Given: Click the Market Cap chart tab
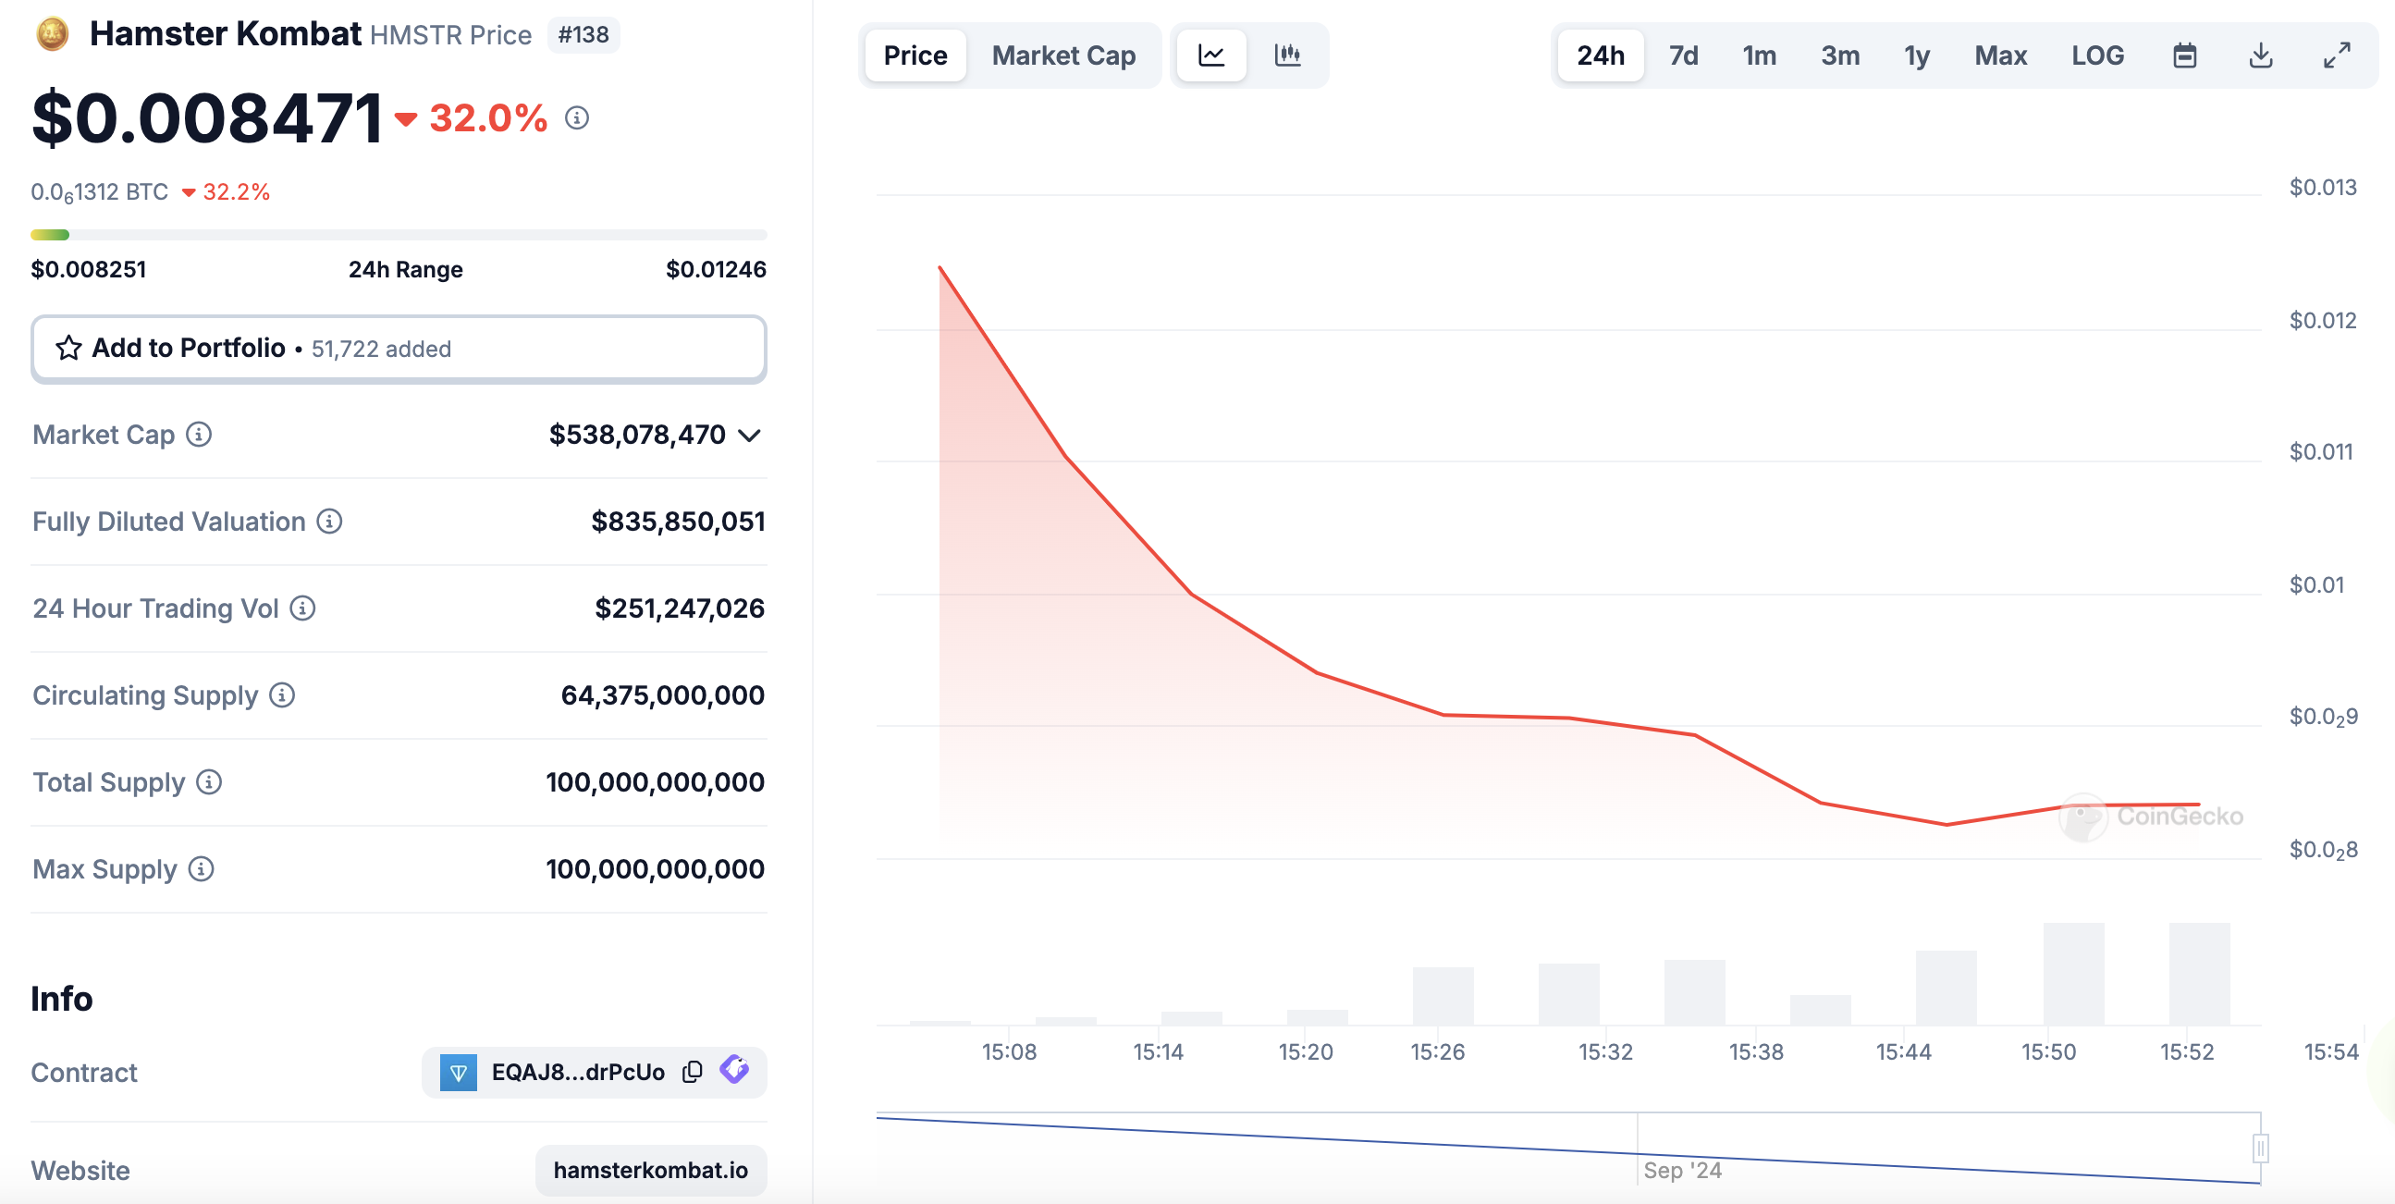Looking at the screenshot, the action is (x=1063, y=55).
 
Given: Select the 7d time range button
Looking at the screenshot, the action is (x=1683, y=55).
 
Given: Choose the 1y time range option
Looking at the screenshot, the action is (x=1916, y=55).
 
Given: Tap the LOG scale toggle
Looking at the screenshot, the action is (x=2097, y=55).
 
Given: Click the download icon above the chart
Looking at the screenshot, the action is (x=2260, y=55).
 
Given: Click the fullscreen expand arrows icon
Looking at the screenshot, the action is (x=2337, y=55).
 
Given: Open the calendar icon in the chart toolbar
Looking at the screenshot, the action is (x=2185, y=55).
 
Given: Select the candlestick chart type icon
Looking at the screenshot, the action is (x=1288, y=55).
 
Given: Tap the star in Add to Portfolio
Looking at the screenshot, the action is (x=68, y=348).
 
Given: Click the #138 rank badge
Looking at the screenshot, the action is (x=583, y=34).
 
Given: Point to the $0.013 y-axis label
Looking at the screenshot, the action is (x=2323, y=188).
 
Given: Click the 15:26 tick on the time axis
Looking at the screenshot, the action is (x=1436, y=1051).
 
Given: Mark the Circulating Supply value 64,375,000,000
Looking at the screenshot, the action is (x=662, y=695).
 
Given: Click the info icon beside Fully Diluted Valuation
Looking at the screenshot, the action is (x=329, y=522).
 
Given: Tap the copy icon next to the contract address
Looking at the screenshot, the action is (x=692, y=1072).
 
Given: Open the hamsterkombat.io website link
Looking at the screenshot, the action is (x=651, y=1170).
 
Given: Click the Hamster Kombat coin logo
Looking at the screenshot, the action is (x=52, y=34).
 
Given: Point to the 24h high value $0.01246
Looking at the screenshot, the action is (x=716, y=270).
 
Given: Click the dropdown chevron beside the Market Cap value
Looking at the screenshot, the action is (x=749, y=436).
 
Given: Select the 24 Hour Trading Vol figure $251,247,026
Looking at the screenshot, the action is (x=680, y=608).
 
